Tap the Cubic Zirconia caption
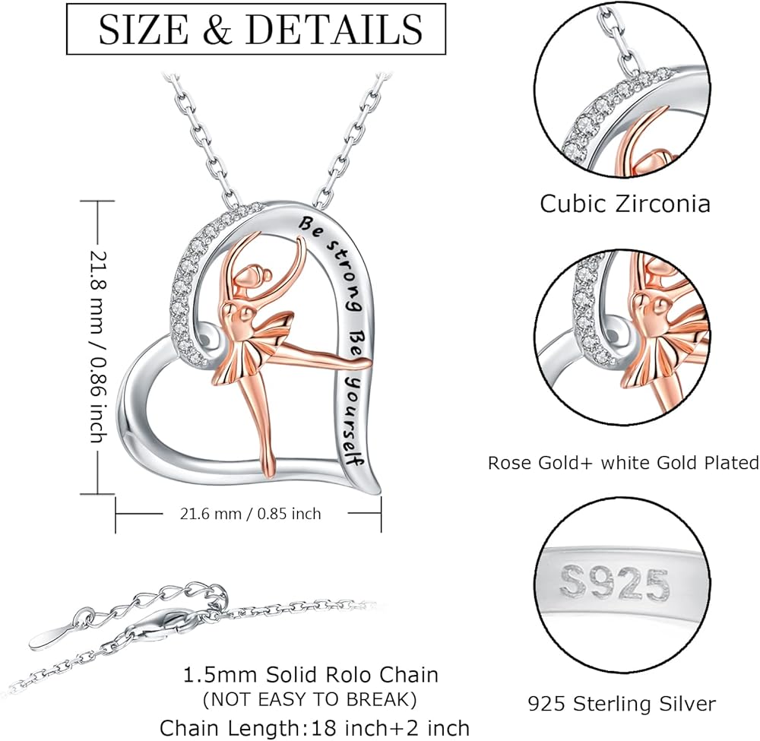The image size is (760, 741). click(x=625, y=204)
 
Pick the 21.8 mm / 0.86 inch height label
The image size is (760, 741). click(x=96, y=346)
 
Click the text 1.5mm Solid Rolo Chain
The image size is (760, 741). click(x=310, y=674)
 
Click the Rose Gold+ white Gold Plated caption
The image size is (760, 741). click(x=623, y=462)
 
